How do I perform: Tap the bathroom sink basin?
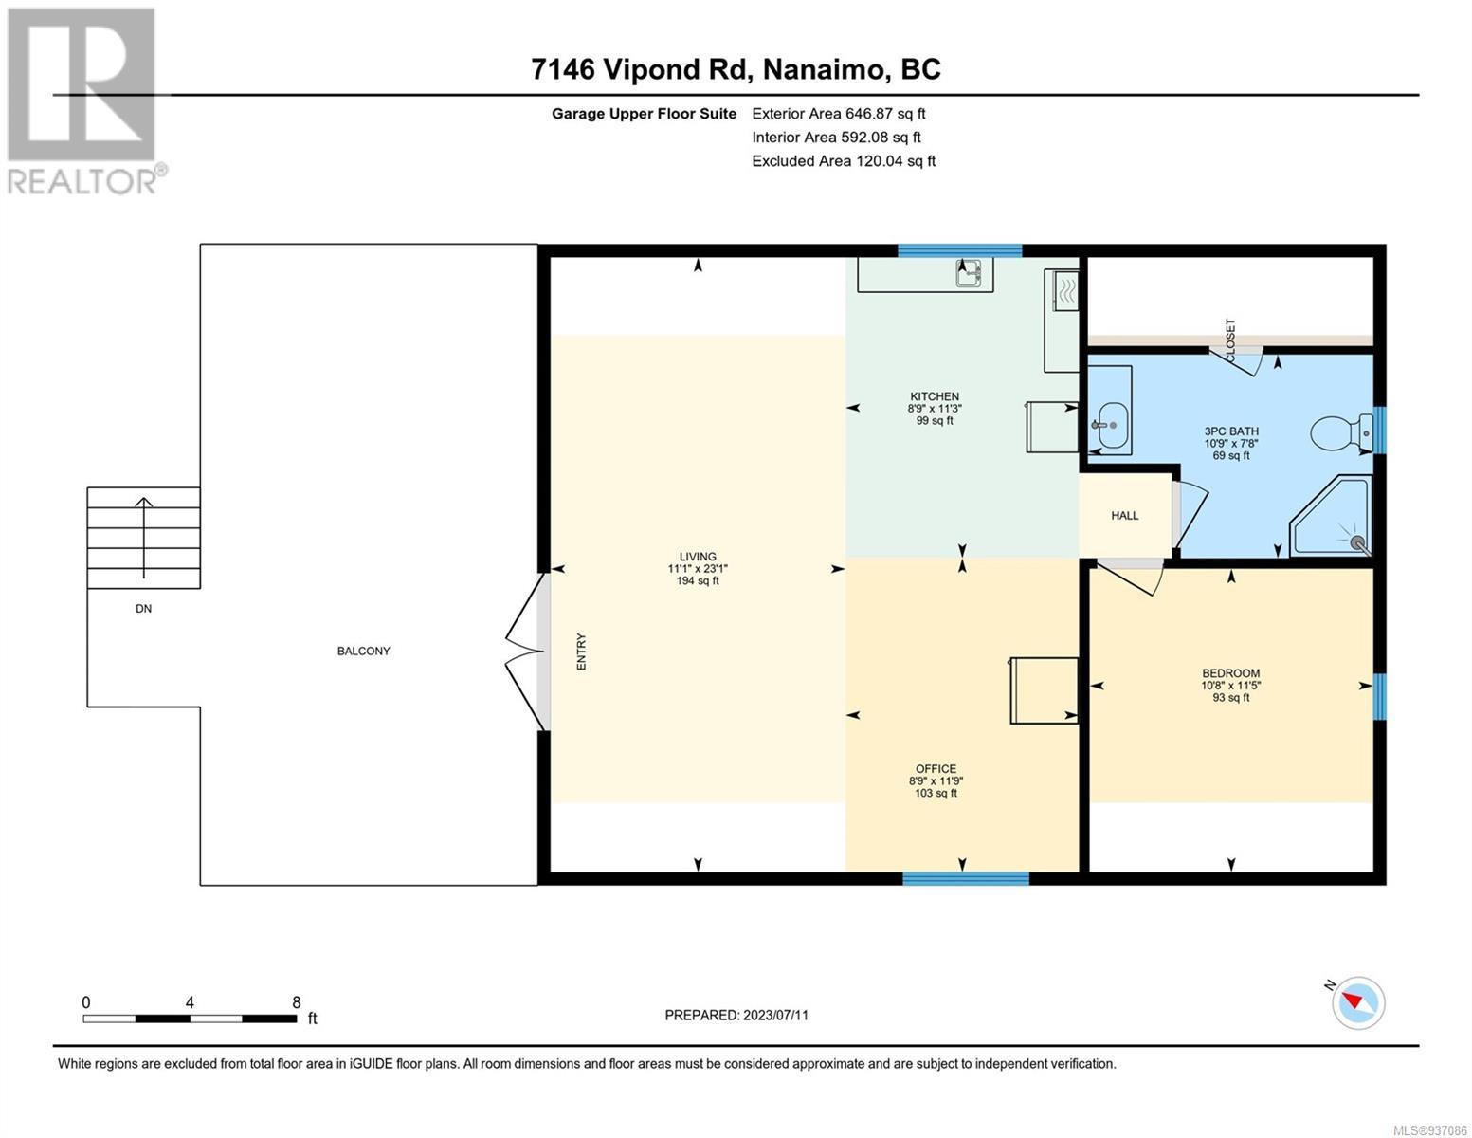1112,426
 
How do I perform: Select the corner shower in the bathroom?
1331,516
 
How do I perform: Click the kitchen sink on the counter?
970,273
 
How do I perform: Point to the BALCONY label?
364,651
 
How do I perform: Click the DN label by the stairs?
144,609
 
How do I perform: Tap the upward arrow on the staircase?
144,538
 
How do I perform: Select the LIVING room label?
698,557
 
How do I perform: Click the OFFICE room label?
936,768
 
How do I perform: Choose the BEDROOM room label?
1231,673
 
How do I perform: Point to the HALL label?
1124,516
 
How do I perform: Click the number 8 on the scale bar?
296,1001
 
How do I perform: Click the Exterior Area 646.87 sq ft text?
839,114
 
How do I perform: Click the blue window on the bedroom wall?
1379,696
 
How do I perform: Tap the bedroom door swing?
1129,579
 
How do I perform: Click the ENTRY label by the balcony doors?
581,652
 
